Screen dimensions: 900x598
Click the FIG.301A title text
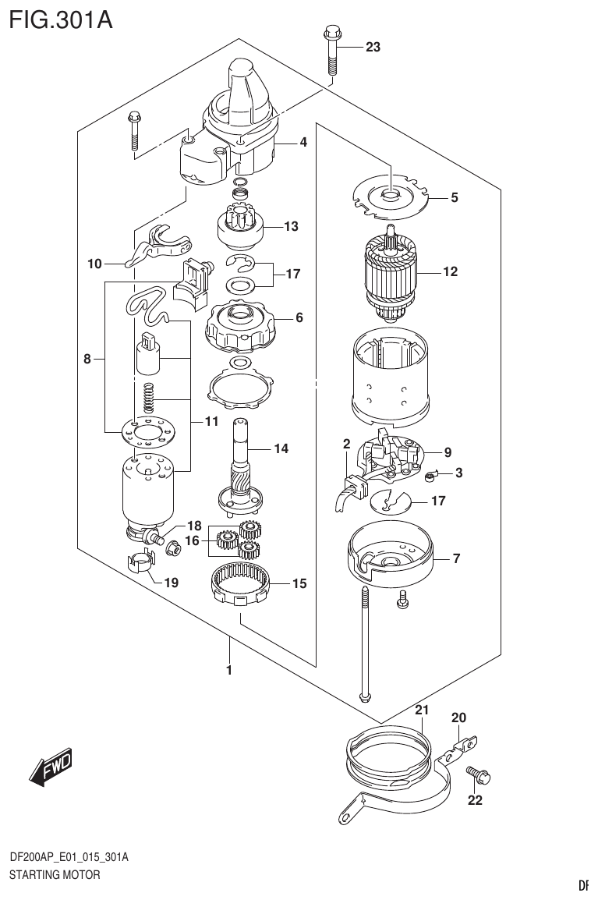click(61, 19)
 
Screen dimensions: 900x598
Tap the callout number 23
click(373, 48)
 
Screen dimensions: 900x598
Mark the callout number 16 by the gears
click(192, 540)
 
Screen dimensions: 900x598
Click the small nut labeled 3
click(432, 473)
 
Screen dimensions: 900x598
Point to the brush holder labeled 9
click(390, 456)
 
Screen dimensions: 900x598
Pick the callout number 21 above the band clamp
click(422, 710)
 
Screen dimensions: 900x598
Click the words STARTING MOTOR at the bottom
click(55, 875)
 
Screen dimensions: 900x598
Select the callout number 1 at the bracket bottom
click(229, 669)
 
